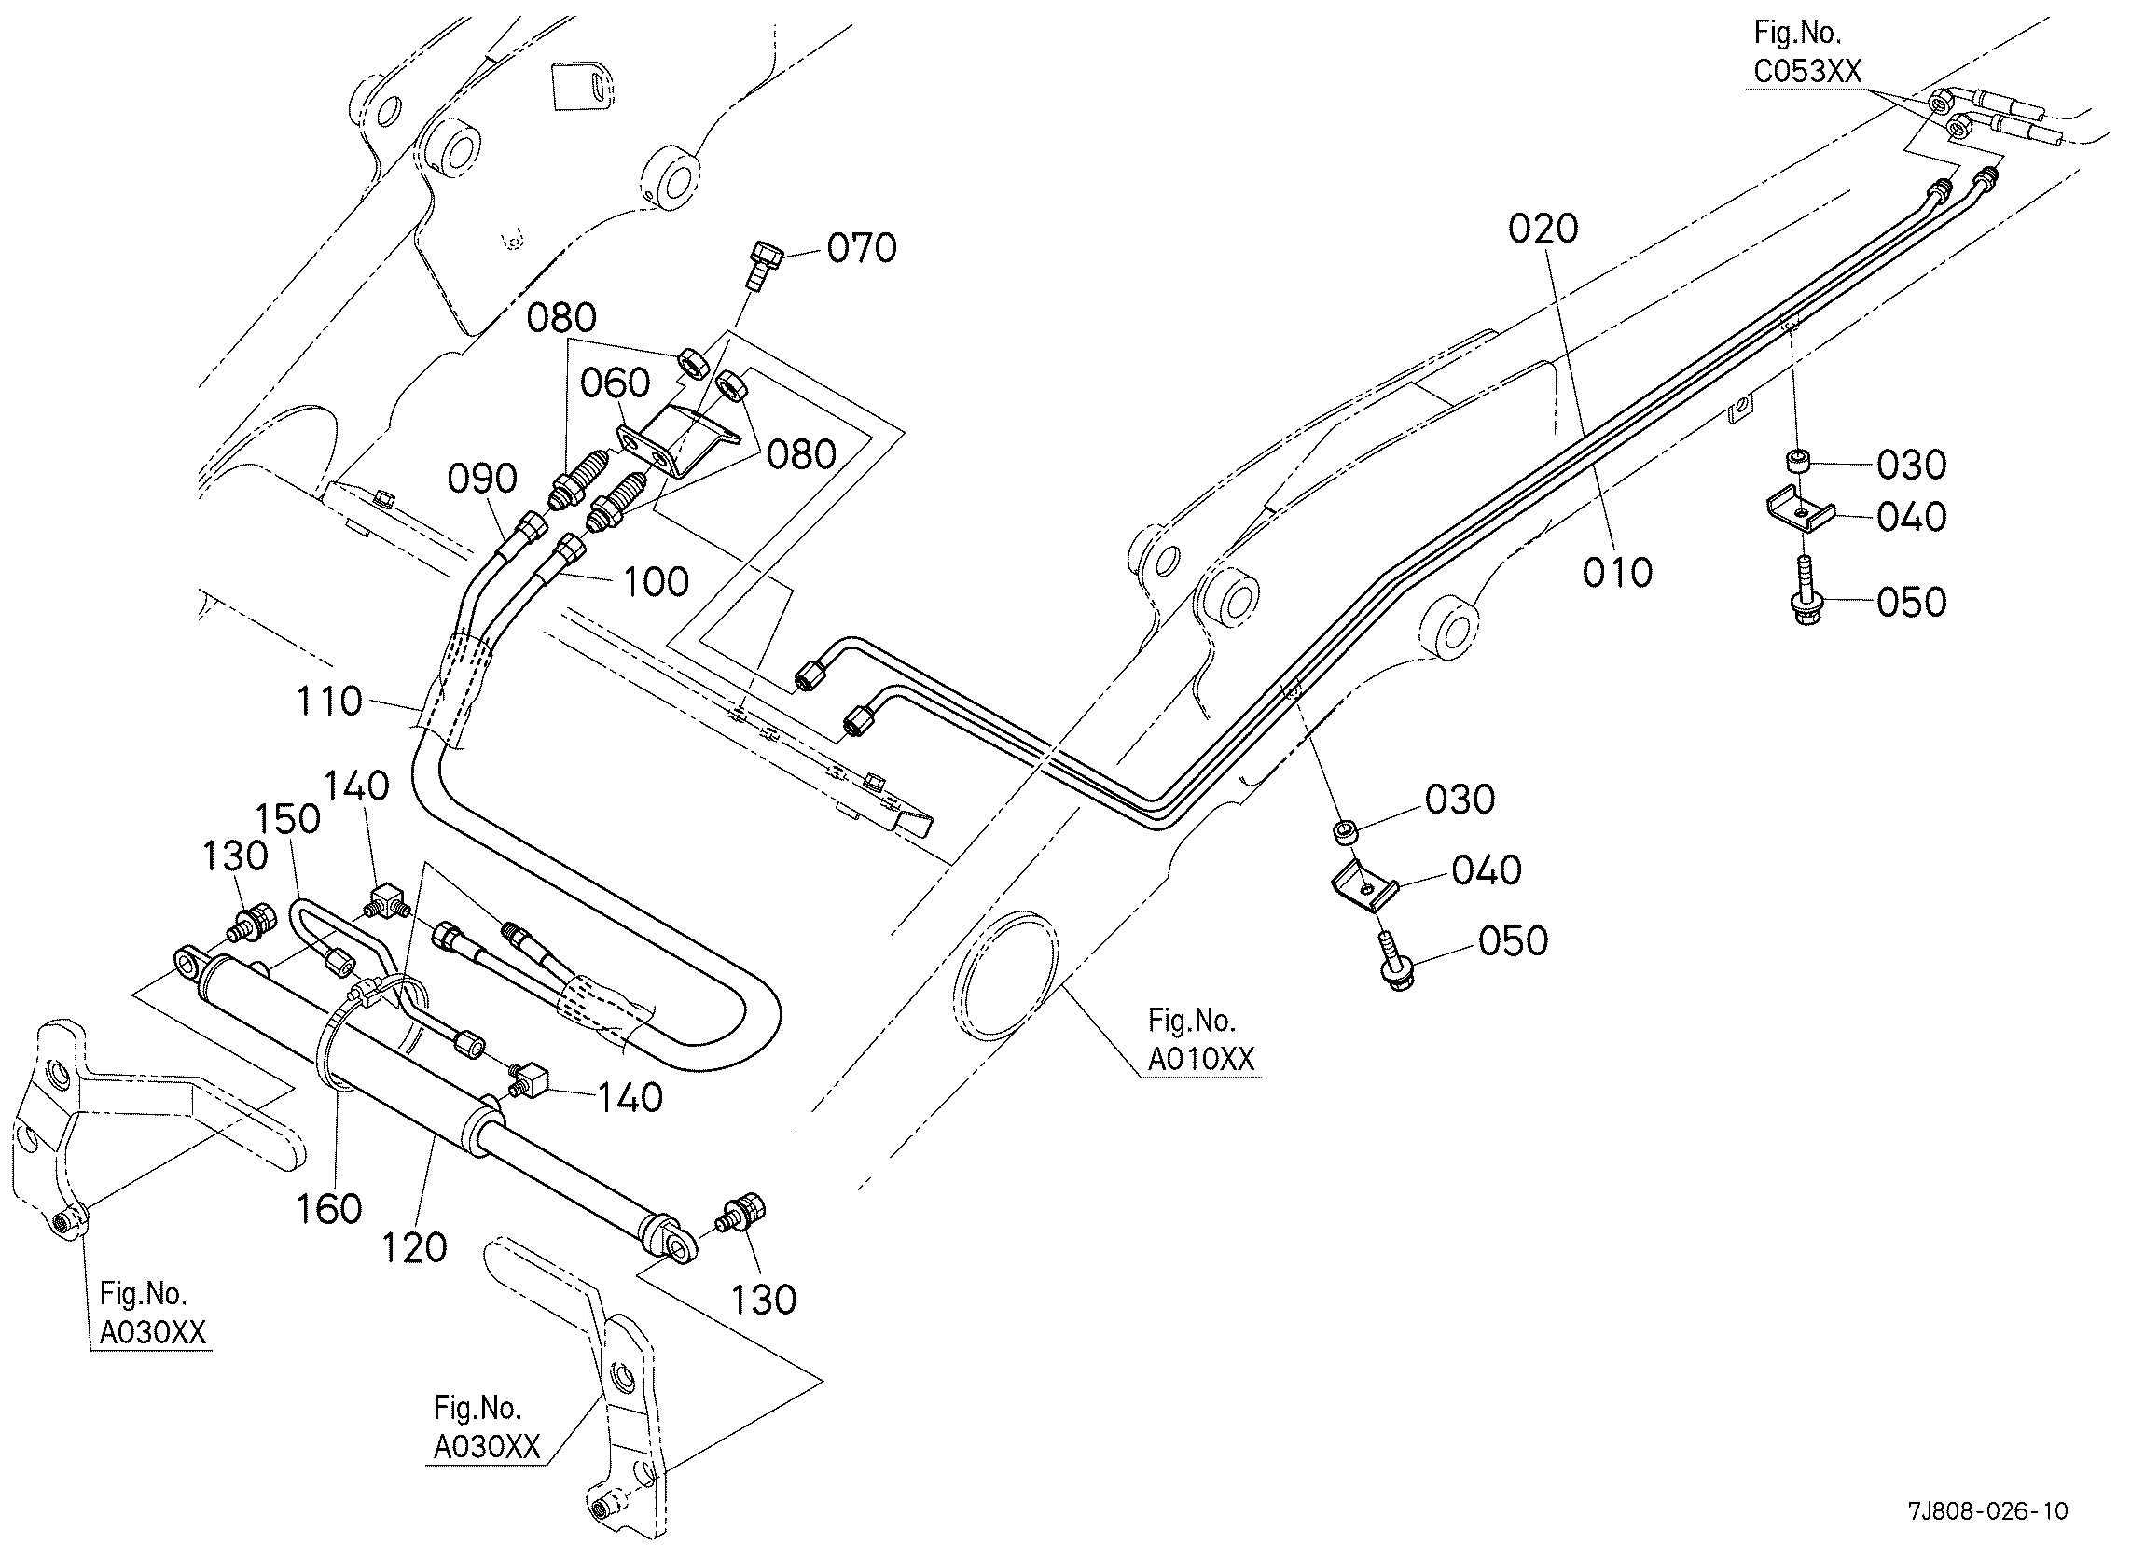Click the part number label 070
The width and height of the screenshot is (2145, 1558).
tap(862, 248)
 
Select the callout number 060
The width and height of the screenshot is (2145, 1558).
tap(615, 383)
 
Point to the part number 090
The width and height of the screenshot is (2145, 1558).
tap(482, 479)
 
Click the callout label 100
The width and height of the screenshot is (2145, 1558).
tap(657, 582)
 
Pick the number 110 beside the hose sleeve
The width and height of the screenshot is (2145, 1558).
tap(329, 702)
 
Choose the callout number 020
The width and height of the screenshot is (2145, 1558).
tap(1543, 229)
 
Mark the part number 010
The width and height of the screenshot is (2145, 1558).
tap(1618, 572)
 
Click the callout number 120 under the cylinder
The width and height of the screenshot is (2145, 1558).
tap(414, 1248)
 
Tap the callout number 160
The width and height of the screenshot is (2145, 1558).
tap(329, 1209)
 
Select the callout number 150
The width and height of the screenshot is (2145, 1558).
tap(289, 818)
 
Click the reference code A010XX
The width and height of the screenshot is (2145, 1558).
tap(1201, 1059)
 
